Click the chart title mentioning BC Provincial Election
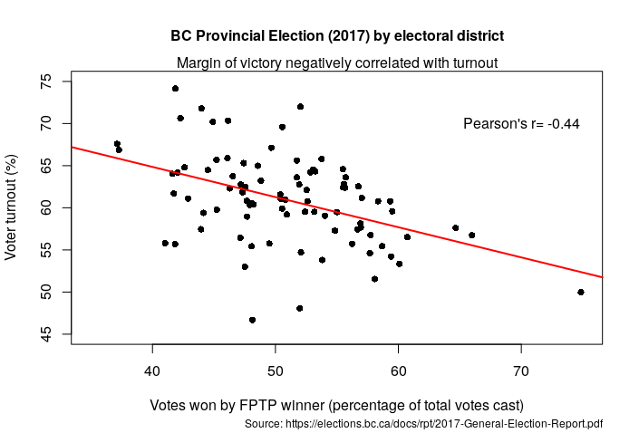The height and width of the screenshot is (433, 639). click(337, 35)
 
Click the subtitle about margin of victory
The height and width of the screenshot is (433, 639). click(337, 63)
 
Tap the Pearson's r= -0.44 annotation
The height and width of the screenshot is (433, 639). click(521, 123)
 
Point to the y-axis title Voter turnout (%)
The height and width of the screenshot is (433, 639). click(12, 207)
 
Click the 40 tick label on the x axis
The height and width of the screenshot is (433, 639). click(152, 370)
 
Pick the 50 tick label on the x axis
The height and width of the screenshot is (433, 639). click(276, 370)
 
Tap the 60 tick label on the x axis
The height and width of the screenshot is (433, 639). click(398, 370)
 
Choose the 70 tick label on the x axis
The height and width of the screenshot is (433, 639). click(521, 370)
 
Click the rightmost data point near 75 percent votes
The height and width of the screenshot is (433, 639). click(581, 292)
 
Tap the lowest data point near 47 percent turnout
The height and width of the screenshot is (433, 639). click(252, 320)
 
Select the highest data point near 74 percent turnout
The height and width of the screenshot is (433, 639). click(175, 89)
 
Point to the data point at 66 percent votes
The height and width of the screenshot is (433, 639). click(472, 235)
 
